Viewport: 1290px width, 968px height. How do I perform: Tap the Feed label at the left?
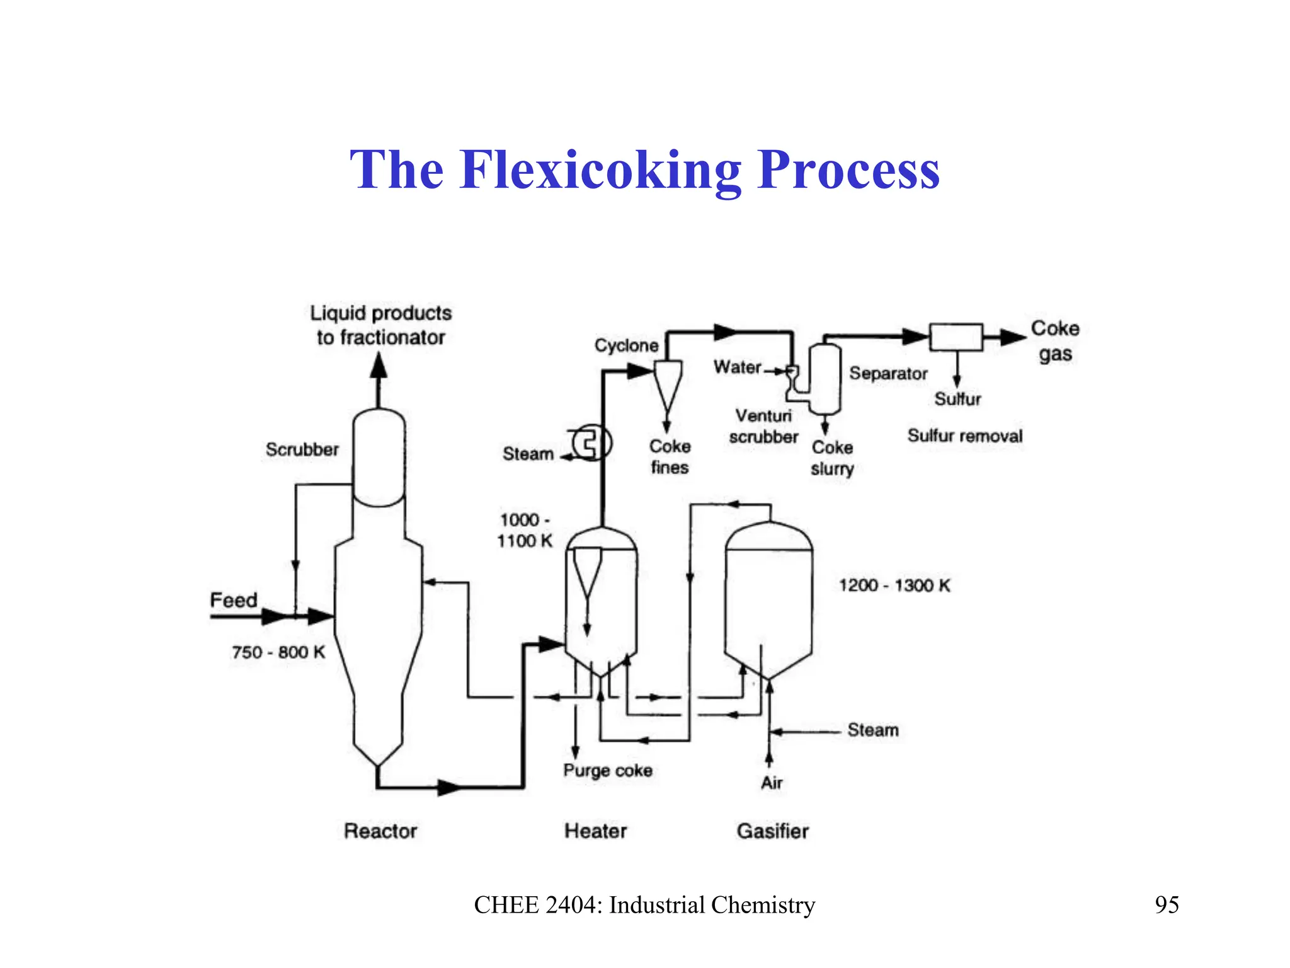click(233, 599)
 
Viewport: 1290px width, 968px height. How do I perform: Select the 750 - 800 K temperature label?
click(278, 652)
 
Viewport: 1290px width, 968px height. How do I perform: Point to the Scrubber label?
click(302, 449)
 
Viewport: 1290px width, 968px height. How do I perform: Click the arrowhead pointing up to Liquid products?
click(378, 365)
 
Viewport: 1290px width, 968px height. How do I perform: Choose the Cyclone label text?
click(626, 345)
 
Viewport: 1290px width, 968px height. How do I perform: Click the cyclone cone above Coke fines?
click(668, 384)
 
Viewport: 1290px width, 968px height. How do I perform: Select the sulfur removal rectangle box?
click(956, 337)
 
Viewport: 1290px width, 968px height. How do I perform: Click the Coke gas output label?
click(1055, 340)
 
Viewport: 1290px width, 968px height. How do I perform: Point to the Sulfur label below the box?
click(957, 399)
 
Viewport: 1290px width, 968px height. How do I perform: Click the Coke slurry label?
click(832, 458)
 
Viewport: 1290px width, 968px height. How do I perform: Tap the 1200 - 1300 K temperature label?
click(894, 585)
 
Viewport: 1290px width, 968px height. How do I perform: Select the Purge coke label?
click(607, 770)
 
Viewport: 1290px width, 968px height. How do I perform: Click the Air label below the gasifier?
click(772, 783)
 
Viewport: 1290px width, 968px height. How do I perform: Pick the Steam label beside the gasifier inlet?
click(872, 730)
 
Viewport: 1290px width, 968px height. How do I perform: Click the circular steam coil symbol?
click(591, 442)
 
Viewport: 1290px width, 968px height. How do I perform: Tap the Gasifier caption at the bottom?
click(772, 831)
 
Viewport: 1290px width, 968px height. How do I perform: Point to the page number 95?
click(1166, 904)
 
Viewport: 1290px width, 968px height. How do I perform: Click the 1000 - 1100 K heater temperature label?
click(524, 530)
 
